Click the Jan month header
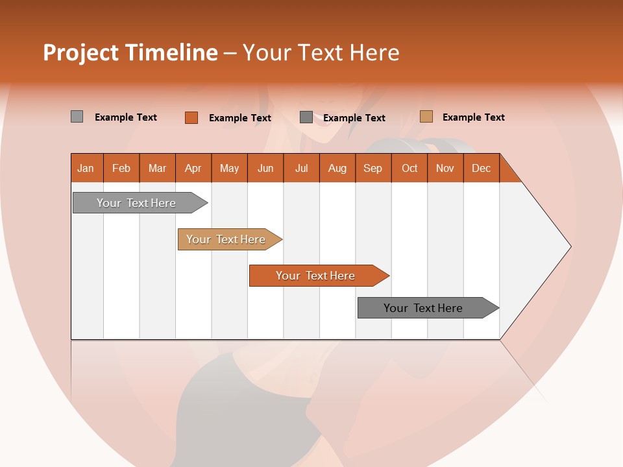click(86, 168)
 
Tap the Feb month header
click(121, 168)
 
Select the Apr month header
click(193, 168)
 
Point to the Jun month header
click(265, 168)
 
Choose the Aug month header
click(337, 168)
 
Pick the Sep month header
click(373, 168)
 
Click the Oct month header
click(409, 168)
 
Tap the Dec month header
click(482, 168)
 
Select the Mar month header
click(158, 168)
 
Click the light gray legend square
click(77, 117)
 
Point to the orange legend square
click(191, 117)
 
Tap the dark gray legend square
click(306, 117)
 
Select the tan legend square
click(426, 117)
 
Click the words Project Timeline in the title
click(130, 53)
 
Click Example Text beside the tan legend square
click(474, 117)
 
